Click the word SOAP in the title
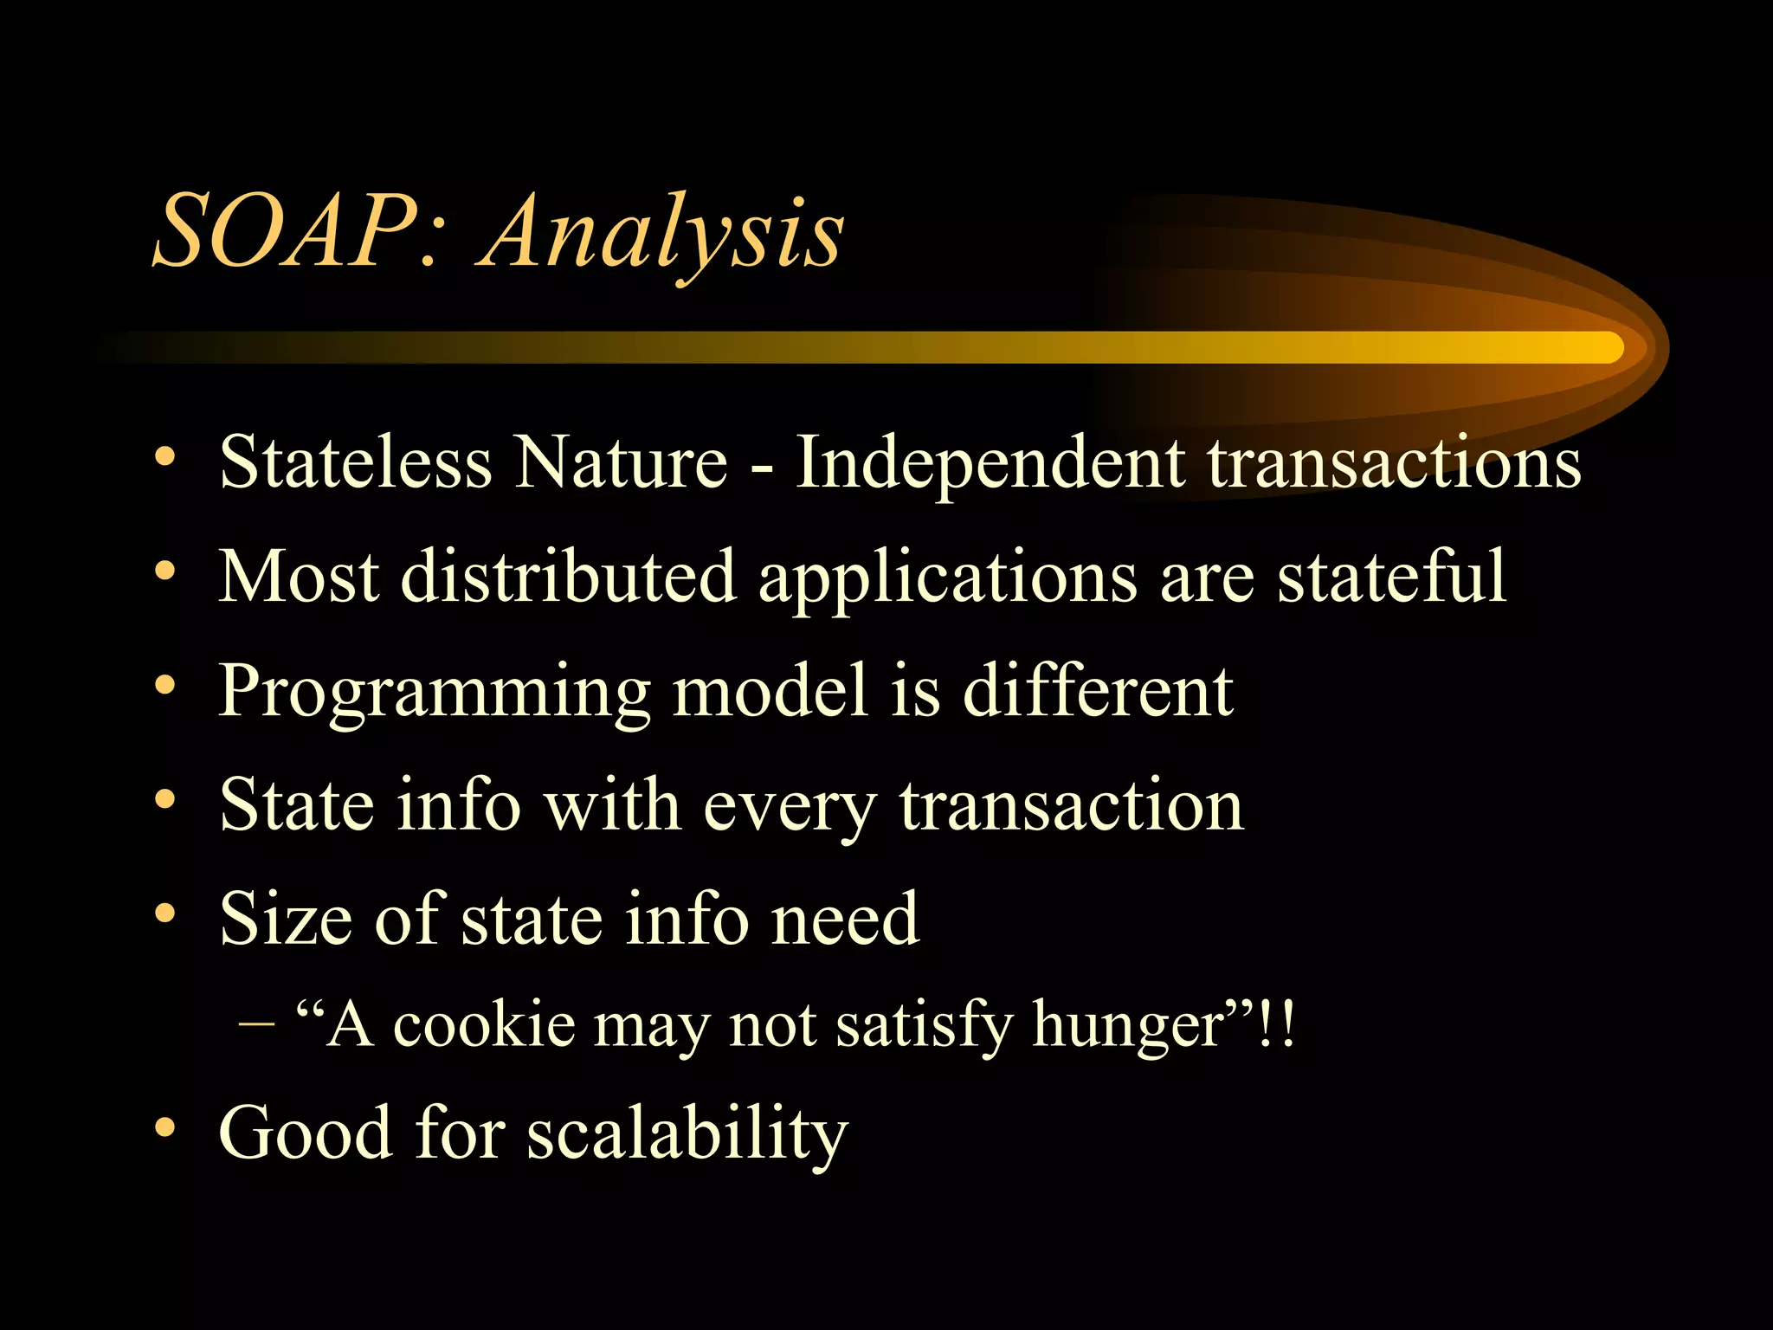[286, 232]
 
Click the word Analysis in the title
[662, 234]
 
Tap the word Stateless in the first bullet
[355, 462]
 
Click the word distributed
[568, 577]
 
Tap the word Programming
[434, 693]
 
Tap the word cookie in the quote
[485, 1025]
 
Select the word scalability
[687, 1134]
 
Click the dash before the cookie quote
[256, 1025]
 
